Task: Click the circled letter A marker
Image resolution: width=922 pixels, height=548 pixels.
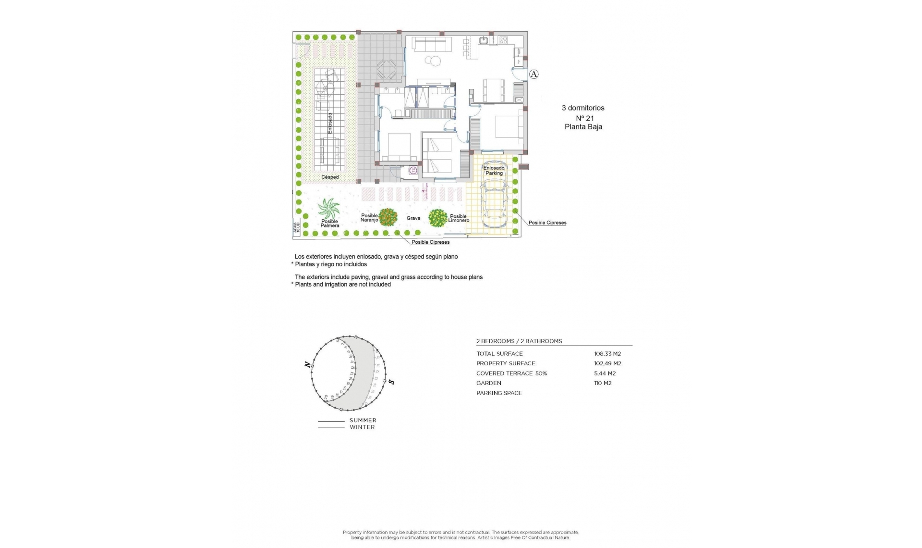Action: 534,74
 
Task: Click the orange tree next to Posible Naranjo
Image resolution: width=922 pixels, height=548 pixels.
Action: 388,217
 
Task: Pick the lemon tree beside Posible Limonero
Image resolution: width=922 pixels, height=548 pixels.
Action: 437,218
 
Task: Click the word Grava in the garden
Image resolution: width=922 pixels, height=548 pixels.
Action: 413,218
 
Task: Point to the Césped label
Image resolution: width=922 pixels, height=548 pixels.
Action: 330,177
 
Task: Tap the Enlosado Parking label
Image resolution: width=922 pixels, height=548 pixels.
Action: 494,171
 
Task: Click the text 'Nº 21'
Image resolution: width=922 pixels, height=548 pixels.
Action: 585,118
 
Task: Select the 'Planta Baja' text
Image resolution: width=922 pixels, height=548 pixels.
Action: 583,127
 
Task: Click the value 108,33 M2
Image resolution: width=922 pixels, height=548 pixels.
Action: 607,354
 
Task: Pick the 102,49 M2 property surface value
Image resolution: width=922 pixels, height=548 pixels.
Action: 607,363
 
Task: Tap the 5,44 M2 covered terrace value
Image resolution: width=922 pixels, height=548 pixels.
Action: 605,374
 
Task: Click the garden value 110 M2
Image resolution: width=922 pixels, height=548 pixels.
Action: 603,383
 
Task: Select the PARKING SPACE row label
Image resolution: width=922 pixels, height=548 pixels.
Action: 499,393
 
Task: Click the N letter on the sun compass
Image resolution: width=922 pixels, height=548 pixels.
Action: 307,365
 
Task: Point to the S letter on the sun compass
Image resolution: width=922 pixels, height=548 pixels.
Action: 391,382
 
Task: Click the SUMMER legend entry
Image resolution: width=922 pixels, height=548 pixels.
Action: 363,421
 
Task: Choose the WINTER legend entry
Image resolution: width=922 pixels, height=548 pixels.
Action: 362,427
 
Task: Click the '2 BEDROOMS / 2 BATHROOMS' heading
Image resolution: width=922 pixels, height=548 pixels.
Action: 519,341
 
